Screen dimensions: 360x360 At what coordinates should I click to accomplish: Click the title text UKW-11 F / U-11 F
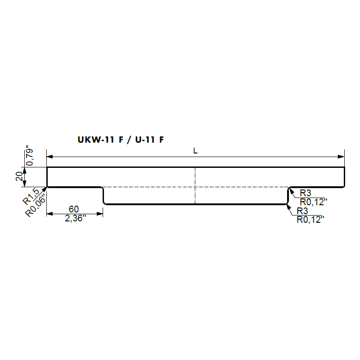pos(121,139)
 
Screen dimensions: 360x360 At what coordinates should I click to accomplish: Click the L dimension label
pos(195,151)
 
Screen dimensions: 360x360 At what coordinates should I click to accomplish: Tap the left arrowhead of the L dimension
pos(49,157)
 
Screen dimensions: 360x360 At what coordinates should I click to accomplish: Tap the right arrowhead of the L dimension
pos(342,157)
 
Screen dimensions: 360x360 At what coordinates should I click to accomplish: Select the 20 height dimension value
pos(19,176)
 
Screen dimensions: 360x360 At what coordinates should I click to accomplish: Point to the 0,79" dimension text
pos(30,155)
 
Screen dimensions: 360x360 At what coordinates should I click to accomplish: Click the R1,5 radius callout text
pos(31,196)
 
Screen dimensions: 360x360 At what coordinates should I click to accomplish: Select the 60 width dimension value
pos(74,209)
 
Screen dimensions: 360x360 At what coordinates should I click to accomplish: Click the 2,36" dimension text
pos(75,218)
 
